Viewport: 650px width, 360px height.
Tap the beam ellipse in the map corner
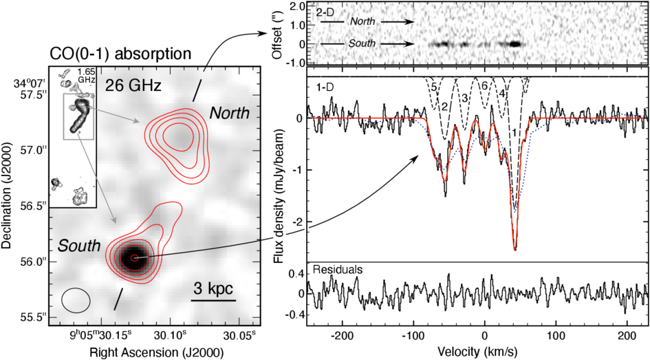76,300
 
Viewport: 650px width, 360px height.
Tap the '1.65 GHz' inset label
87,76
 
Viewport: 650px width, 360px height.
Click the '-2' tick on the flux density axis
299,222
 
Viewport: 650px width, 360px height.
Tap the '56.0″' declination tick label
34,262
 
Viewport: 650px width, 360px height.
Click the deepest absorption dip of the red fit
515,249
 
